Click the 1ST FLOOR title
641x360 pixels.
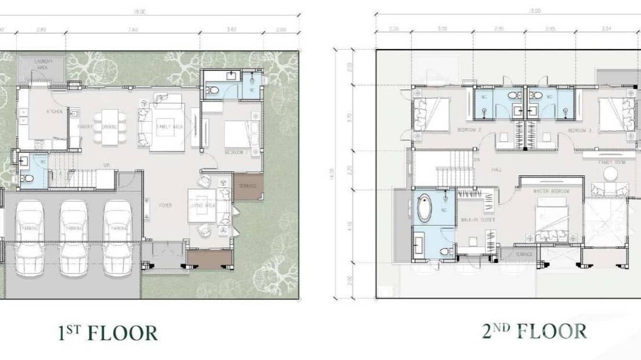[x=108, y=333]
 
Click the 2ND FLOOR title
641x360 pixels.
[x=534, y=331]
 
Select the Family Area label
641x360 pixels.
[x=170, y=127]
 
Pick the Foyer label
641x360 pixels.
[x=165, y=205]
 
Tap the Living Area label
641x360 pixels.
[x=203, y=206]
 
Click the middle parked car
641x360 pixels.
[x=74, y=237]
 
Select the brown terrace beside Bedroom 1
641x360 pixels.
[x=248, y=186]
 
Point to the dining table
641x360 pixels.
[x=110, y=127]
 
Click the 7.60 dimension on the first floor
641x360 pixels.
[x=133, y=29]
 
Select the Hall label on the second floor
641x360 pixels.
[x=497, y=169]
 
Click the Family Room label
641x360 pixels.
[x=612, y=163]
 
